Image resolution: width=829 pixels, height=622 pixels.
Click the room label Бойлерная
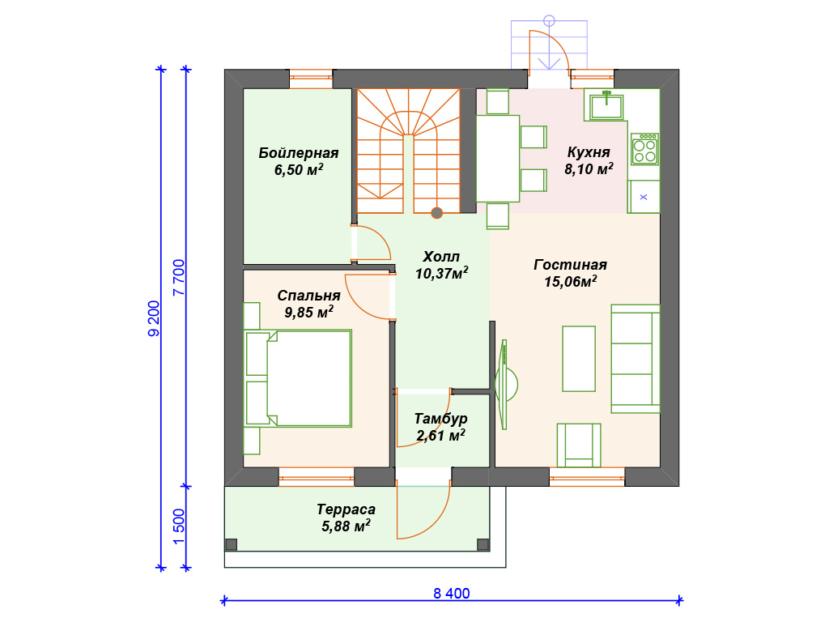(x=298, y=153)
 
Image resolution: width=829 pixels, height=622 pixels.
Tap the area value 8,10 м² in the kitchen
(x=589, y=169)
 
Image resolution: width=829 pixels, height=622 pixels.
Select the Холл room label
(x=441, y=257)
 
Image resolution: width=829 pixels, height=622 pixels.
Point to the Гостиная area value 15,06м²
(x=571, y=281)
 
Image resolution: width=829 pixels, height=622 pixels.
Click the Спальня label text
(x=308, y=295)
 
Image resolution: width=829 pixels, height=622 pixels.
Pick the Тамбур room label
(x=440, y=419)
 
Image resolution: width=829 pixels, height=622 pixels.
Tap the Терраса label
(x=346, y=509)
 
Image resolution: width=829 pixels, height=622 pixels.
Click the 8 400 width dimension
(x=452, y=594)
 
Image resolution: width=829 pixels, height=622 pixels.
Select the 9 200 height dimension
(x=154, y=318)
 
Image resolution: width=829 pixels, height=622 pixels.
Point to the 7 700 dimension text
(x=179, y=277)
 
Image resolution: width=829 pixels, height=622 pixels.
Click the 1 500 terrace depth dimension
(x=179, y=526)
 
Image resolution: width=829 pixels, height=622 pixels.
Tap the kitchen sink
(x=606, y=105)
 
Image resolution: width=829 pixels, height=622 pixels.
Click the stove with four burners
(x=644, y=149)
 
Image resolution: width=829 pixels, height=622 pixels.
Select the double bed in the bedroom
(x=298, y=378)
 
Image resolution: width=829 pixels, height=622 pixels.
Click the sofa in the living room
(x=635, y=359)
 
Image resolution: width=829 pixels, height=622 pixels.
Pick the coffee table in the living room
(x=579, y=359)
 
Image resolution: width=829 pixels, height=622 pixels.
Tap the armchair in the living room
(x=579, y=445)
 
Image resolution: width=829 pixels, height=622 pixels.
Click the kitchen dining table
(x=498, y=159)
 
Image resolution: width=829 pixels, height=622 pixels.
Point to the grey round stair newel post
(x=436, y=213)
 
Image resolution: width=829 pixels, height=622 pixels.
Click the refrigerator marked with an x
(x=644, y=197)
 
